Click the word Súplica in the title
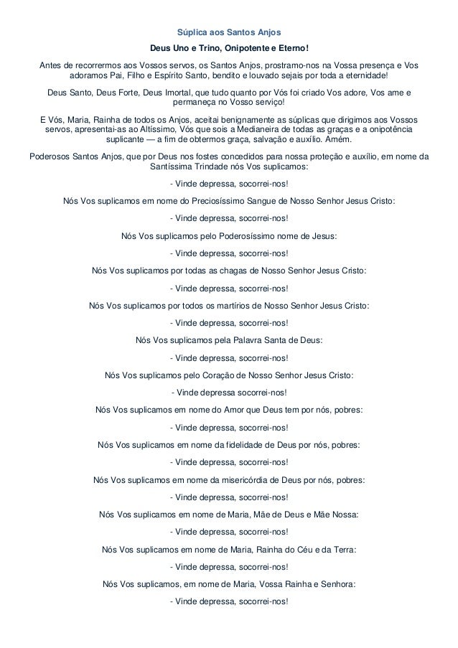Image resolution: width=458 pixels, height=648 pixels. (192, 33)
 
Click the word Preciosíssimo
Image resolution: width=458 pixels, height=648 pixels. (218, 200)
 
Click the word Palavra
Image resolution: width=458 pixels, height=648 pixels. (240, 339)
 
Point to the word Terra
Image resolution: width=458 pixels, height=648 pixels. (343, 549)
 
